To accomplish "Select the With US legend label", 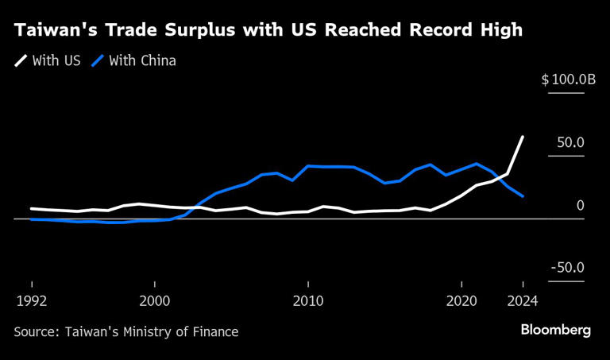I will (56, 60).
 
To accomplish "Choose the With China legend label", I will (142, 60).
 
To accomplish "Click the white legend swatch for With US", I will (21, 60).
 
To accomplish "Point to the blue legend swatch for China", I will (98, 60).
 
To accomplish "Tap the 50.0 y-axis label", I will (569, 142).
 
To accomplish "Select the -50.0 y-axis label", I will (566, 268).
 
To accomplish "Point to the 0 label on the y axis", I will (580, 205).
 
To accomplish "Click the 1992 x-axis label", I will (31, 301).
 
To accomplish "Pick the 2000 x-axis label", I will (154, 301).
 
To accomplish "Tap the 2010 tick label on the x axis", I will (308, 301).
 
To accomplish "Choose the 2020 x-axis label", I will (461, 301).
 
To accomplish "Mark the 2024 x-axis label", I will (523, 301).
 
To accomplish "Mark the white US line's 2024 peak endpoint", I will (523, 137).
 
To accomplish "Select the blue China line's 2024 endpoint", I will (523, 196).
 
